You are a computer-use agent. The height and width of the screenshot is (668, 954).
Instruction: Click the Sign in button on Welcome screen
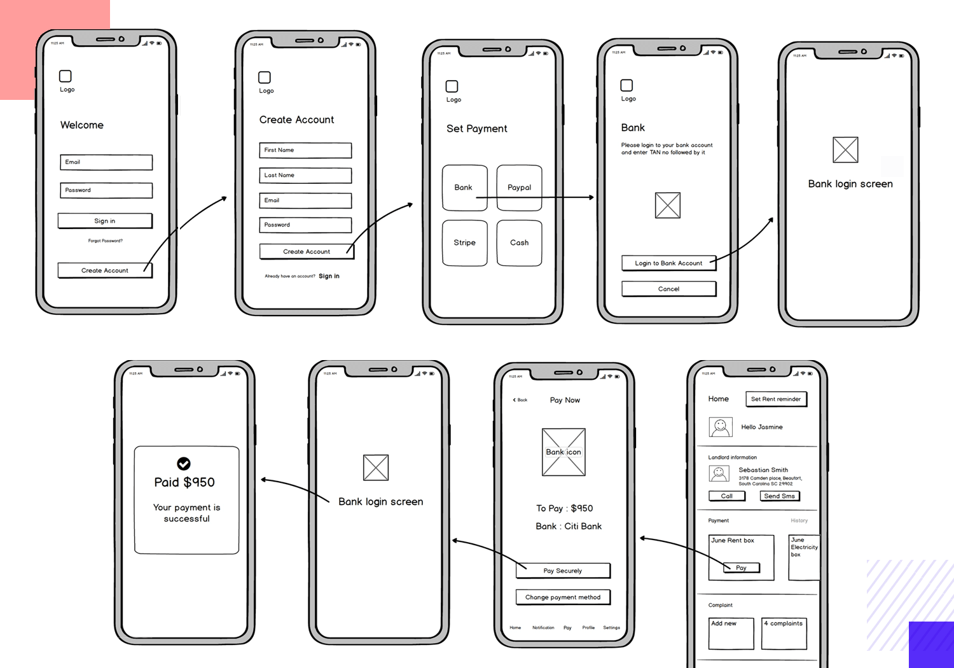pos(105,221)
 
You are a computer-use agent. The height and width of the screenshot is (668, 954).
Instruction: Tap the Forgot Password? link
pos(106,241)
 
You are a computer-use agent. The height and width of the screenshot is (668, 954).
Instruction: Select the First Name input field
pos(305,150)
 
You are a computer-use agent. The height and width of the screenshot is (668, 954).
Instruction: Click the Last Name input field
pos(305,175)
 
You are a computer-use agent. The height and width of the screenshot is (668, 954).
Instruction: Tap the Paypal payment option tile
pos(519,188)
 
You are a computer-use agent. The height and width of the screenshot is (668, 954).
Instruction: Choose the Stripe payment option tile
pos(464,243)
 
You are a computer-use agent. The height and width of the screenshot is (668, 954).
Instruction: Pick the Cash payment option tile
pos(519,243)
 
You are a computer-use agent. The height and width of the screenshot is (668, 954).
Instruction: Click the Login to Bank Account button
pos(668,263)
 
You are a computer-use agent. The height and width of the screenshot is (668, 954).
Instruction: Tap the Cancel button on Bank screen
pos(668,289)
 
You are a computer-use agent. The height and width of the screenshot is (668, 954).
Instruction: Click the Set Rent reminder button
pos(775,400)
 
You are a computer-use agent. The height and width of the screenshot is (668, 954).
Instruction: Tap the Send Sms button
pos(779,496)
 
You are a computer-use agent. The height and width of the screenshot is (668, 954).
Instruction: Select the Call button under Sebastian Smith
pos(726,496)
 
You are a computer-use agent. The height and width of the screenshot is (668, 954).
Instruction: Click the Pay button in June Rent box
pos(741,568)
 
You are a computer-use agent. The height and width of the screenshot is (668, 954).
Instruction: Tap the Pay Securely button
pos(563,571)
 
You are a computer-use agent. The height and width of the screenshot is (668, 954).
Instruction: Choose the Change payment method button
pos(563,597)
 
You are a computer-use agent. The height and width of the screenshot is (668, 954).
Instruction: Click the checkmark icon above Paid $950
pos(184,464)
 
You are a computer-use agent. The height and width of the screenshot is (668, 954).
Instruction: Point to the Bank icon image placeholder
pos(563,452)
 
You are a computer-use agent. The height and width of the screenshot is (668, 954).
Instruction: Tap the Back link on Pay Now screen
pos(520,400)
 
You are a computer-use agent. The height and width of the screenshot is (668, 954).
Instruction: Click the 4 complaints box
pos(784,634)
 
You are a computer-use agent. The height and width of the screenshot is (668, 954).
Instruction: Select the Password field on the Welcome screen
pos(106,190)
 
